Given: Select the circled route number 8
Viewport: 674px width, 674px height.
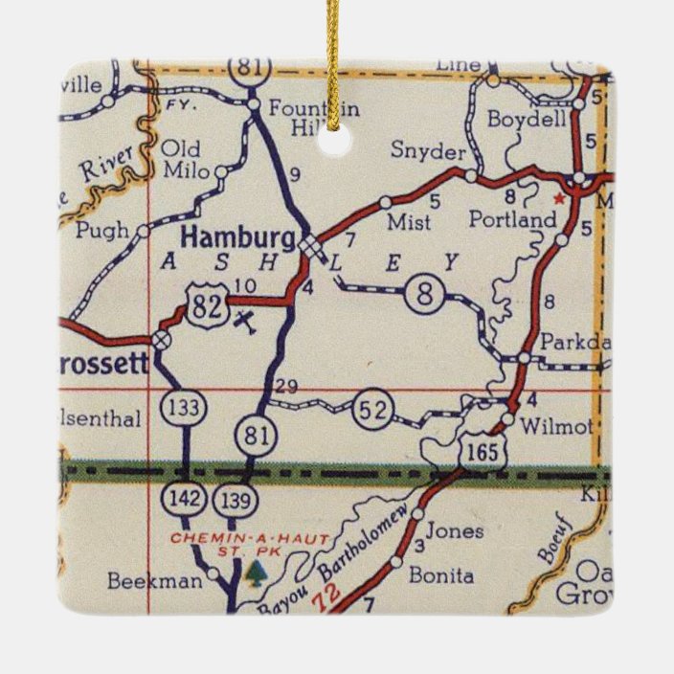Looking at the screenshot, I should (423, 293).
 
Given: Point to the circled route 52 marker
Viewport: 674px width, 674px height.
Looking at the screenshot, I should (372, 409).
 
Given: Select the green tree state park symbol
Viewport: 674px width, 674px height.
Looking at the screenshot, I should (254, 573).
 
